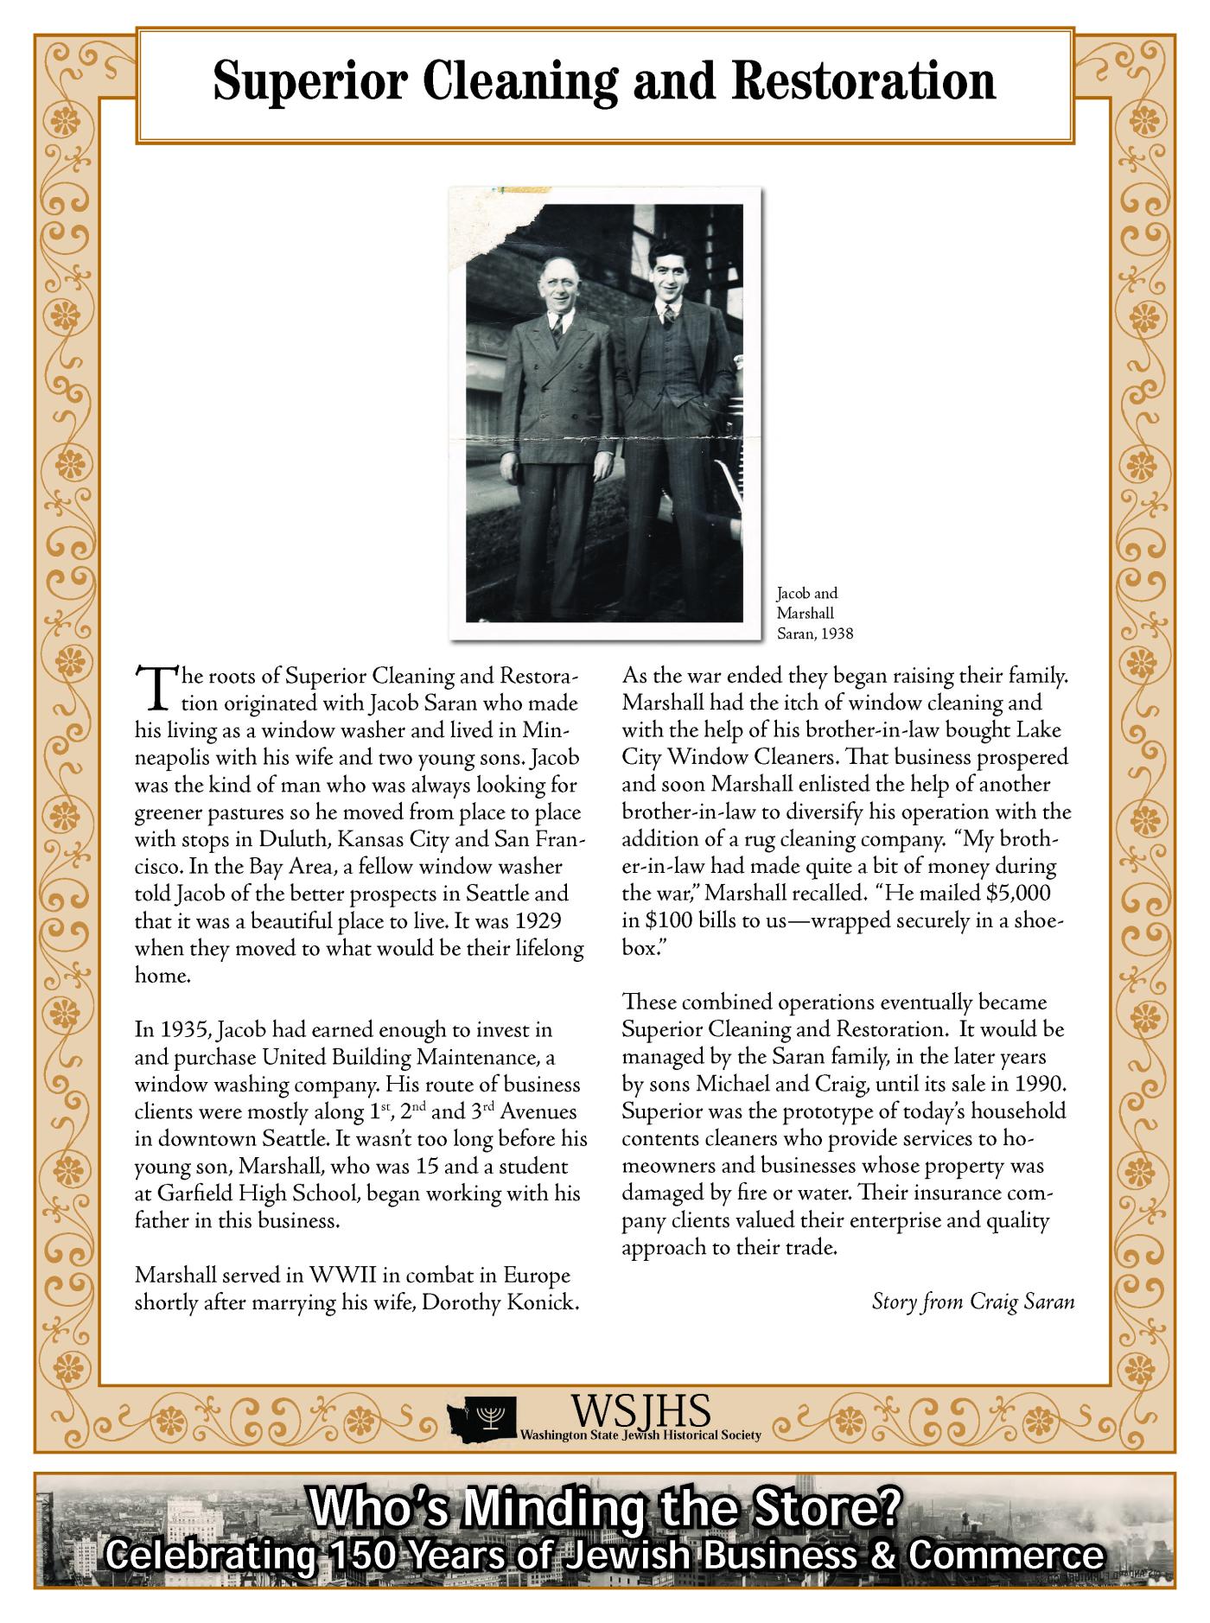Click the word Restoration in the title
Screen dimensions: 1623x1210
click(x=863, y=83)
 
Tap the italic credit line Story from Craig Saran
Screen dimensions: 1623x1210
click(x=973, y=1302)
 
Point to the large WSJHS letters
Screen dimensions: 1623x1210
click(x=640, y=1410)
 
